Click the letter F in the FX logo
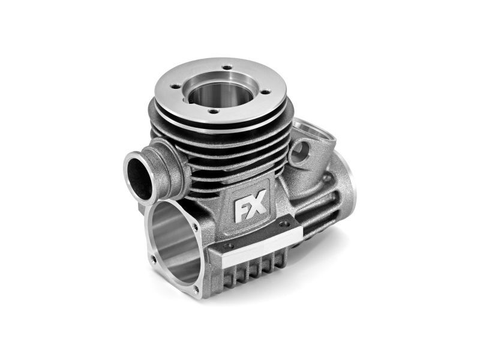tap(239, 212)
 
